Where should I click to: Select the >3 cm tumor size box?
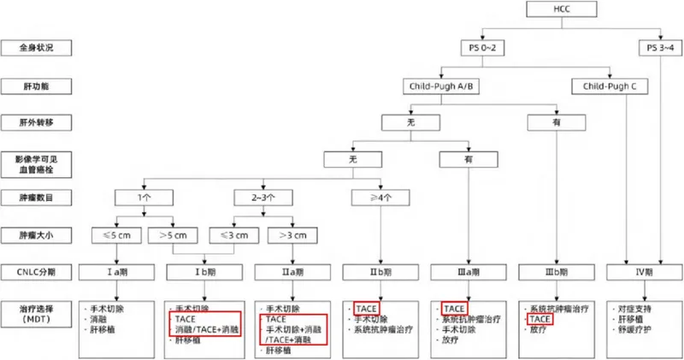[291, 233]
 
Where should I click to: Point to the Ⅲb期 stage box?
[555, 272]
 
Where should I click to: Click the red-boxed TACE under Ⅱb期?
[366, 306]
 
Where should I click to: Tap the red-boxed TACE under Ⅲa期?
[454, 306]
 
